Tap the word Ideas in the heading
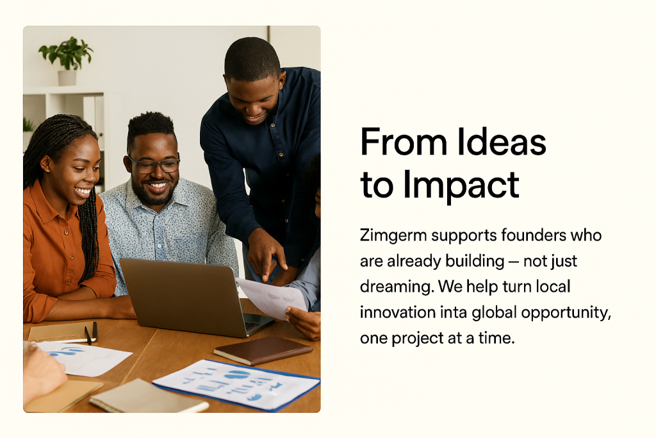[501, 142]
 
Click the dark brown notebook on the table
[263, 351]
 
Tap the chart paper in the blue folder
[236, 384]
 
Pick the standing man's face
[253, 99]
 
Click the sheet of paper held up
[272, 298]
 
